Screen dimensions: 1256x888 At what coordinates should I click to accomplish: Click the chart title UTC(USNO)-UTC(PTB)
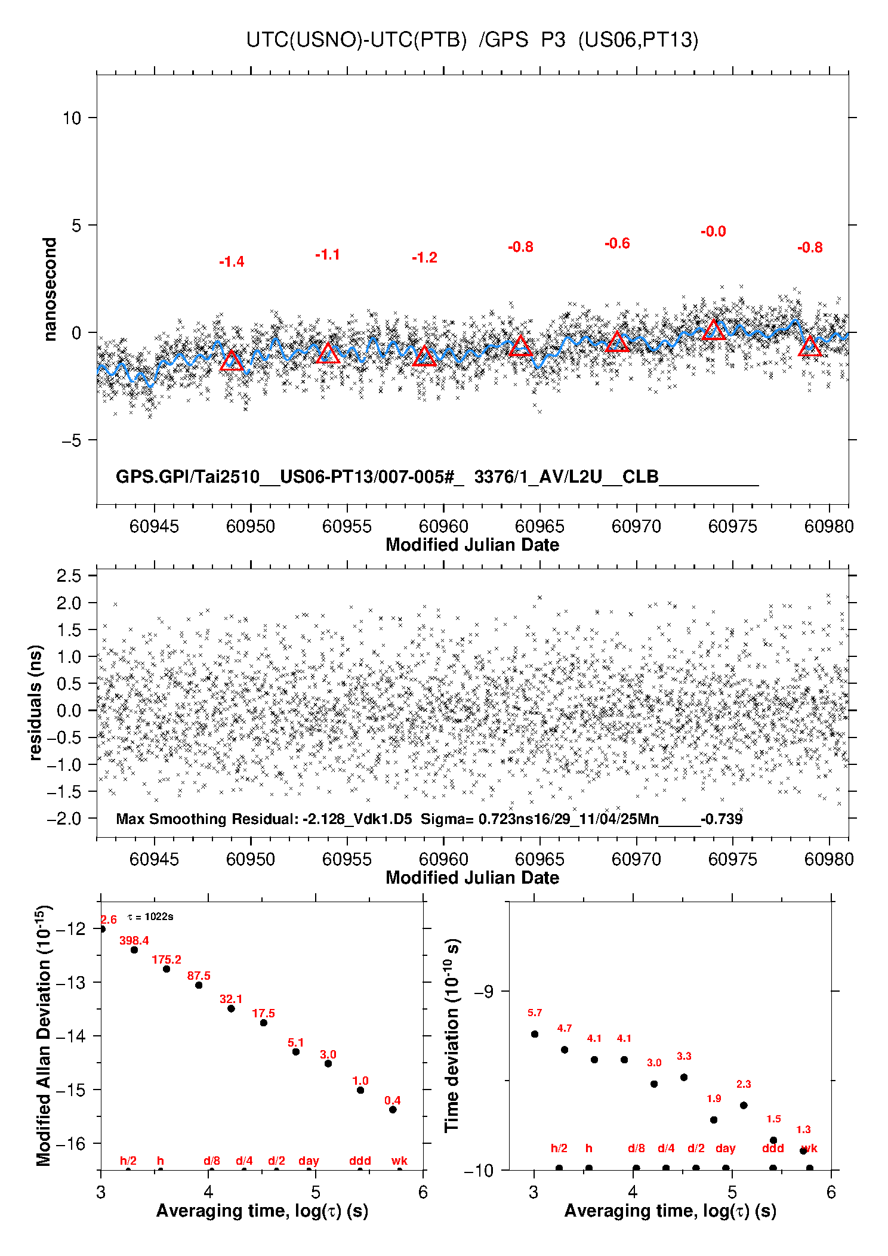(356, 40)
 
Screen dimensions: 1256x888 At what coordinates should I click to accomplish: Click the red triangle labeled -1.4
(232, 361)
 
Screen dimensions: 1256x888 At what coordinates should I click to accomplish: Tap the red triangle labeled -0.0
(714, 330)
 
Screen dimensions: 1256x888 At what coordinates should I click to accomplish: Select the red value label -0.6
(617, 243)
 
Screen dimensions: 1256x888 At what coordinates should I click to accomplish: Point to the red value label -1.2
(424, 258)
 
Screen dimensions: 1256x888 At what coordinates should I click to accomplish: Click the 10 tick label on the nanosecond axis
(72, 118)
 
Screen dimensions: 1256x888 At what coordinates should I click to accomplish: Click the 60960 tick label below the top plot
(443, 526)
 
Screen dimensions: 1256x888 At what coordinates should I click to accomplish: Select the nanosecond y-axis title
(50, 289)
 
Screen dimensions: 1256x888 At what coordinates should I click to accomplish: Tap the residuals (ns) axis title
(36, 702)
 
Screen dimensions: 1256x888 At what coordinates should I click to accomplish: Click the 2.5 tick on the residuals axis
(69, 576)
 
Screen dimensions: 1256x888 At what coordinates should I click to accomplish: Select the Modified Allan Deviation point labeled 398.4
(134, 950)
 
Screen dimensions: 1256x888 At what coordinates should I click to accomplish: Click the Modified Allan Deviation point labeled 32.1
(231, 1008)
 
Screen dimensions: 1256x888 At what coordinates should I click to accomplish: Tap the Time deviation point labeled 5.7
(535, 1034)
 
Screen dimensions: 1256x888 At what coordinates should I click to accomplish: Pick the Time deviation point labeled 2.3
(744, 1105)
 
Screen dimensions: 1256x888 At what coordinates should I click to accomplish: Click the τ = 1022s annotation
(150, 916)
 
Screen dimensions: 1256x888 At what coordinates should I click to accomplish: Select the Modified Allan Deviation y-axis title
(44, 1035)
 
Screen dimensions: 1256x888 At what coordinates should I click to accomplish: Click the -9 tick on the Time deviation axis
(483, 992)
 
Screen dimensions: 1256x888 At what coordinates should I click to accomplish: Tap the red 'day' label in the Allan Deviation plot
(309, 1161)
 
